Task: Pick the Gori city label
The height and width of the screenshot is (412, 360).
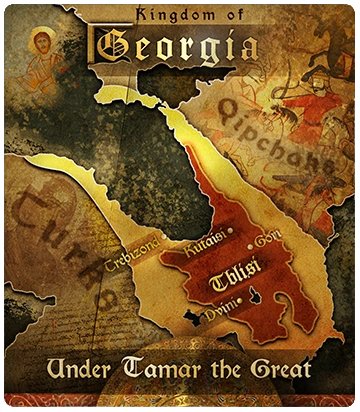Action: pos(269,239)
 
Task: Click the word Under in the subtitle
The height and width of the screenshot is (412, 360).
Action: pos(78,371)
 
